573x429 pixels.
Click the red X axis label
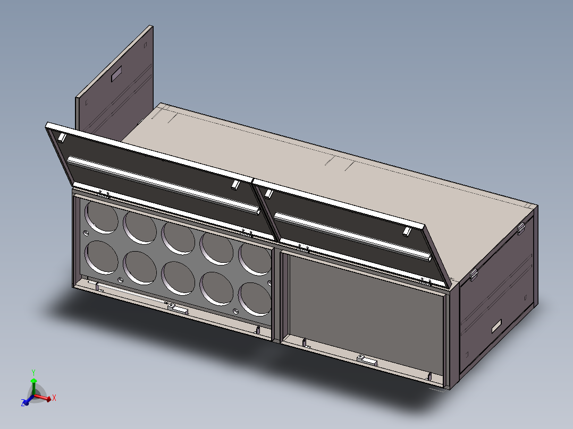click(x=54, y=397)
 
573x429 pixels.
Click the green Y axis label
click(x=33, y=372)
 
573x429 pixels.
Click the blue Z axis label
click(x=24, y=404)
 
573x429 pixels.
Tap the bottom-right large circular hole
click(x=255, y=298)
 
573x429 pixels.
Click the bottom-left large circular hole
click(x=101, y=257)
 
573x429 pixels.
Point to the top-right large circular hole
click(x=255, y=258)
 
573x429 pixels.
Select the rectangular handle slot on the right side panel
click(x=497, y=325)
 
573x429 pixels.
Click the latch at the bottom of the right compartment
click(x=367, y=359)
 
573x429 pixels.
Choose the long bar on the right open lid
click(x=351, y=236)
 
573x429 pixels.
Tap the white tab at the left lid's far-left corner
click(x=62, y=138)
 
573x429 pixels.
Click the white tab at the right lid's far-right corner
click(x=407, y=231)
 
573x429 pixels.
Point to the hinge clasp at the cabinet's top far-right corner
click(x=521, y=228)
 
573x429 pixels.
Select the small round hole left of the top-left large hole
click(x=86, y=233)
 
